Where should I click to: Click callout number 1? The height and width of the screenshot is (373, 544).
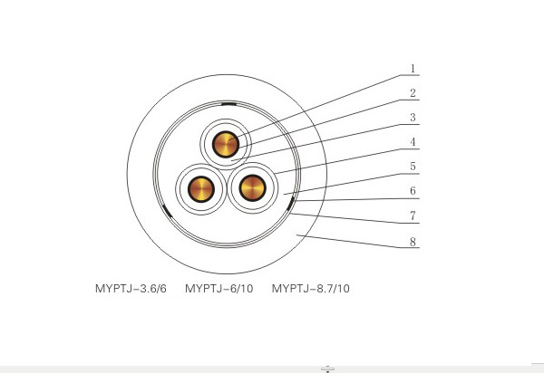(413, 69)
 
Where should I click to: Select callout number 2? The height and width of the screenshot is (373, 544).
(413, 93)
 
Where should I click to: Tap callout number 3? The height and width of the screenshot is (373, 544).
(413, 118)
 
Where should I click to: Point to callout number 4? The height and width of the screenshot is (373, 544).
(413, 142)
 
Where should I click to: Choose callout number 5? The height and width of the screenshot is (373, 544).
(413, 167)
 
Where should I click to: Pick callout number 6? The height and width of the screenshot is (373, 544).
(413, 191)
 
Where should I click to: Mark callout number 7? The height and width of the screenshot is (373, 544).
(413, 215)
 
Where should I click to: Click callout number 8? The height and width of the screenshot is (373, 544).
(413, 242)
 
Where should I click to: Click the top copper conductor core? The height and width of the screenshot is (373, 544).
(226, 144)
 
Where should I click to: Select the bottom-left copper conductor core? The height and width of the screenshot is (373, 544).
(201, 189)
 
